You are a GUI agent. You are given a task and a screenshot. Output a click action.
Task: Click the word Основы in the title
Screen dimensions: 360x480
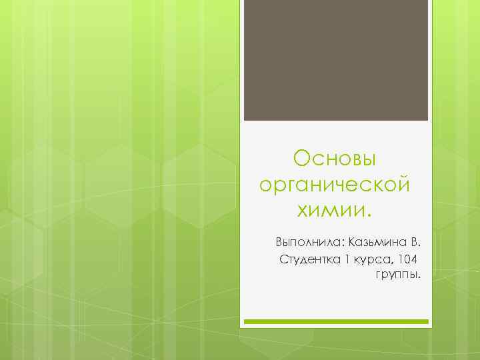[x=335, y=159]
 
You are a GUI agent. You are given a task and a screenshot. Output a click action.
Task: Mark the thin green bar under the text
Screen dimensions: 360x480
[x=335, y=321]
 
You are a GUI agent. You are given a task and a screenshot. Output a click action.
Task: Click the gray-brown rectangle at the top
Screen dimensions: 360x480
[x=335, y=60]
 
